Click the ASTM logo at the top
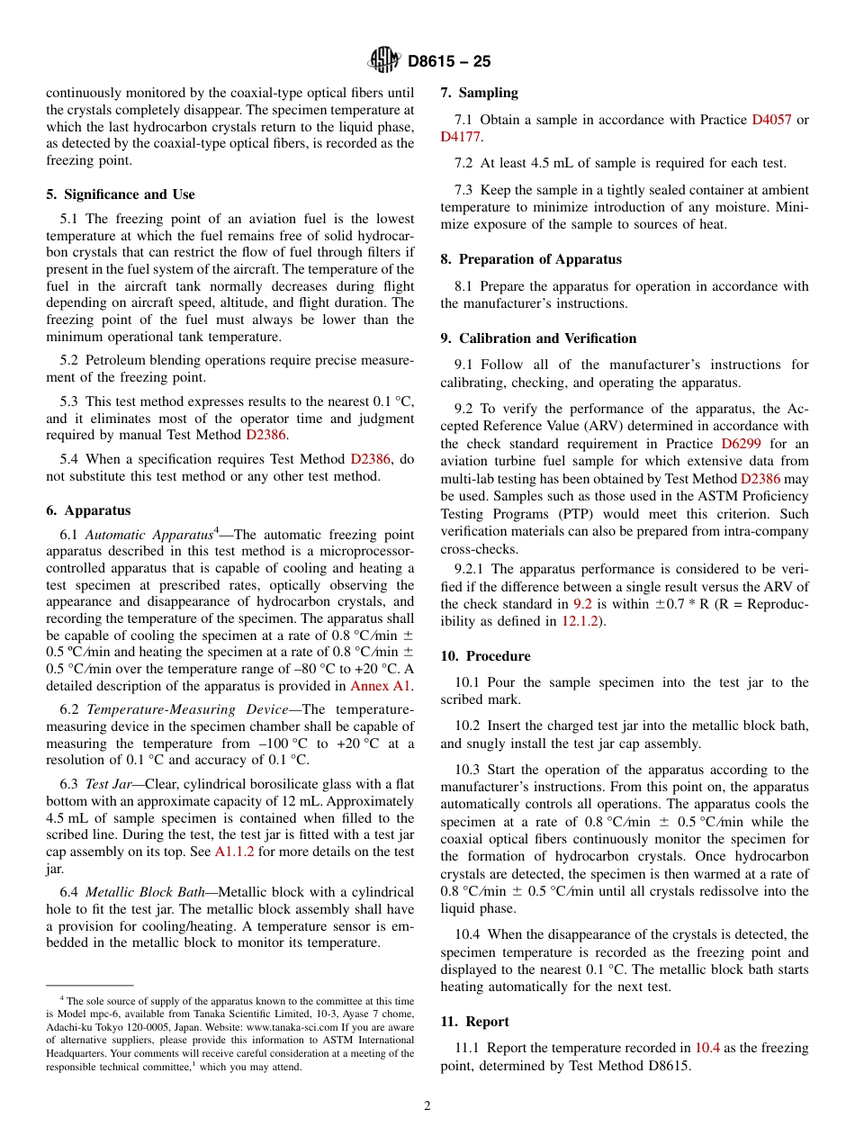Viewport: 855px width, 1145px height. pos(385,61)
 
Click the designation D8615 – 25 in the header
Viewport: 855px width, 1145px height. pos(449,62)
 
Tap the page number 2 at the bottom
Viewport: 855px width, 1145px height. pos(427,1106)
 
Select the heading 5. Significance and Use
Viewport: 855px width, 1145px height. pos(121,194)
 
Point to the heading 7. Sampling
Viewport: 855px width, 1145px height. pos(479,93)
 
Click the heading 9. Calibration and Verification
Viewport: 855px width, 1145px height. pos(538,338)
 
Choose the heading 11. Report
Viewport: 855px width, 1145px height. pos(474,1022)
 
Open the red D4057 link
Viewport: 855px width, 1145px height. pos(771,120)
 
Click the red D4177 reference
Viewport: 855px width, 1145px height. pos(461,137)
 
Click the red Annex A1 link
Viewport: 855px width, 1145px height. pos(381,686)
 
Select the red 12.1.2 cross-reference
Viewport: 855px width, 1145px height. pos(580,621)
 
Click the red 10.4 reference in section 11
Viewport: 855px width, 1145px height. pos(706,1048)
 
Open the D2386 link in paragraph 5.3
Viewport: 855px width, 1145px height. pos(265,435)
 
